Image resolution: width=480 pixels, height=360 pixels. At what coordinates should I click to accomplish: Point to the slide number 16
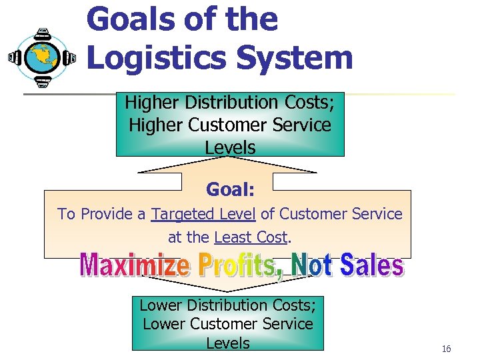click(446, 349)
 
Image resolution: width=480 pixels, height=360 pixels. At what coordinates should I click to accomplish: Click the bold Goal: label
click(230, 190)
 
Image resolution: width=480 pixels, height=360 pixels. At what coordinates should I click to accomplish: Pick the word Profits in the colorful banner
click(235, 265)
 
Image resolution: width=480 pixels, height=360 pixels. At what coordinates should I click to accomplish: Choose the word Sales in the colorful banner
click(371, 265)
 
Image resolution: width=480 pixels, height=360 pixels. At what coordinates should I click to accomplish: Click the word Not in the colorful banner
click(313, 265)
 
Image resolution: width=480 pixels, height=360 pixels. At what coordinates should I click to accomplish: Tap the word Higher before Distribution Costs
click(153, 103)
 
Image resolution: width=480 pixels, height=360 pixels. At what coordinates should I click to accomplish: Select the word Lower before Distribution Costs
click(161, 305)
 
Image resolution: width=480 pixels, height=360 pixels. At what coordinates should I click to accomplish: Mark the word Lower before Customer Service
click(165, 324)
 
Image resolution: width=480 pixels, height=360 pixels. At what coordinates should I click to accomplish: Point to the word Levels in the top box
click(230, 147)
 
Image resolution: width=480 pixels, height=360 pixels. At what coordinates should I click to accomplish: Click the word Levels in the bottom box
click(227, 343)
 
